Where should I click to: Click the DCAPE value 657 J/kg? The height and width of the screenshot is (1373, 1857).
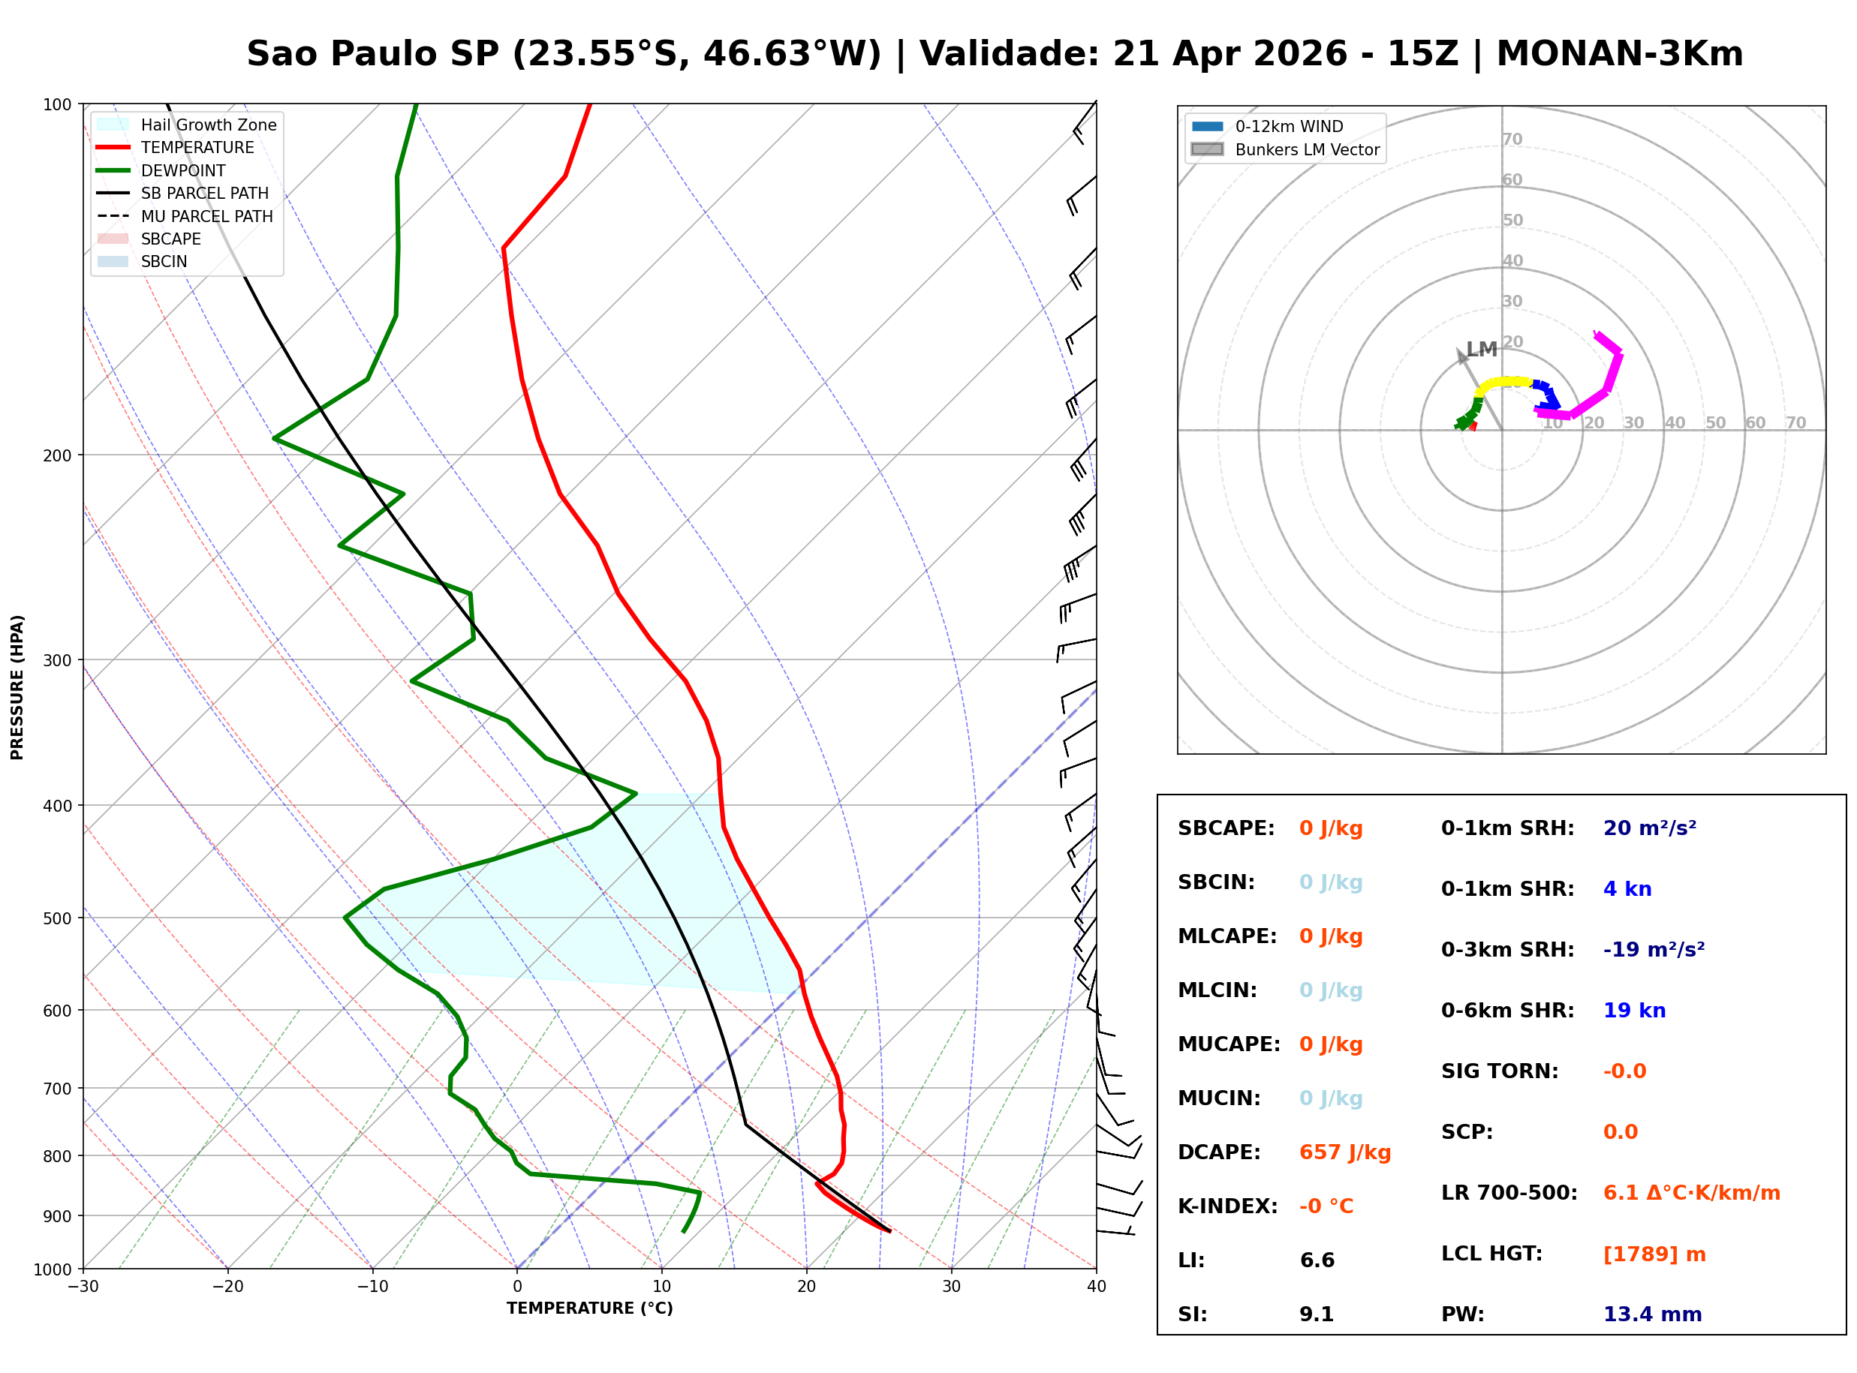pos(1344,1152)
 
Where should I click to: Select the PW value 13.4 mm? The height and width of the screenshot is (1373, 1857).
pos(1651,1314)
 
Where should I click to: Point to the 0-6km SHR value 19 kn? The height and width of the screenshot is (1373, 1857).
pos(1633,1010)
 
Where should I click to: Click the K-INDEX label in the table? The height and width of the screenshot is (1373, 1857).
pos(1227,1206)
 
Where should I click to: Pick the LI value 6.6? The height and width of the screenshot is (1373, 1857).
pos(1317,1260)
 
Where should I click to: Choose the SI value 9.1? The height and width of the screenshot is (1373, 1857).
pos(1316,1314)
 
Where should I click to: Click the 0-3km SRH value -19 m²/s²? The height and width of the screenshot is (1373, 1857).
pos(1654,949)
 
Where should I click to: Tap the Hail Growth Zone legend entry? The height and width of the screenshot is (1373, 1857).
pos(208,125)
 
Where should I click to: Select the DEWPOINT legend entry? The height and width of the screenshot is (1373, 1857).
pos(183,170)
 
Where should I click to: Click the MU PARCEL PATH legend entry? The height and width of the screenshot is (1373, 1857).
pos(206,216)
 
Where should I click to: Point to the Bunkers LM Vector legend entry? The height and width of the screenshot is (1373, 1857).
pos(1307,149)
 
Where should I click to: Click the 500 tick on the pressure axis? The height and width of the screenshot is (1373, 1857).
pos(56,918)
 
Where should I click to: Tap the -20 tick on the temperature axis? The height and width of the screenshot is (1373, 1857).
pos(227,1287)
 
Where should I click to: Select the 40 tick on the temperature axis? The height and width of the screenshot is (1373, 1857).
pos(1096,1287)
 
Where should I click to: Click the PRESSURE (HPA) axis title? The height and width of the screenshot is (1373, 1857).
pos(17,686)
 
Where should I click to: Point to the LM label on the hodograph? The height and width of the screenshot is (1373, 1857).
pos(1480,349)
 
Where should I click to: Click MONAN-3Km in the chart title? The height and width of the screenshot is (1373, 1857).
pos(1618,54)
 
